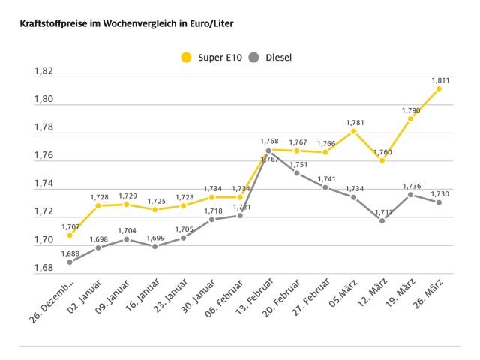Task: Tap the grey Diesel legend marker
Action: (x=254, y=57)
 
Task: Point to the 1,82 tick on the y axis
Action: (x=43, y=71)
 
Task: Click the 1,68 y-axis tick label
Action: (x=43, y=268)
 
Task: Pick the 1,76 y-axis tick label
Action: (x=43, y=156)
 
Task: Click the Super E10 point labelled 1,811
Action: (x=439, y=88)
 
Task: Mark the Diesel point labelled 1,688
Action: (x=70, y=262)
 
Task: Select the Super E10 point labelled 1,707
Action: (x=70, y=235)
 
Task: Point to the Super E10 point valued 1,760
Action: (x=382, y=160)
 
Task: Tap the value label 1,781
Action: (x=355, y=122)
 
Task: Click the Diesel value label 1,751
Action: (x=298, y=165)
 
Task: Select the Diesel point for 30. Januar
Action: (x=211, y=220)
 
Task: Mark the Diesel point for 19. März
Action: (x=410, y=194)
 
